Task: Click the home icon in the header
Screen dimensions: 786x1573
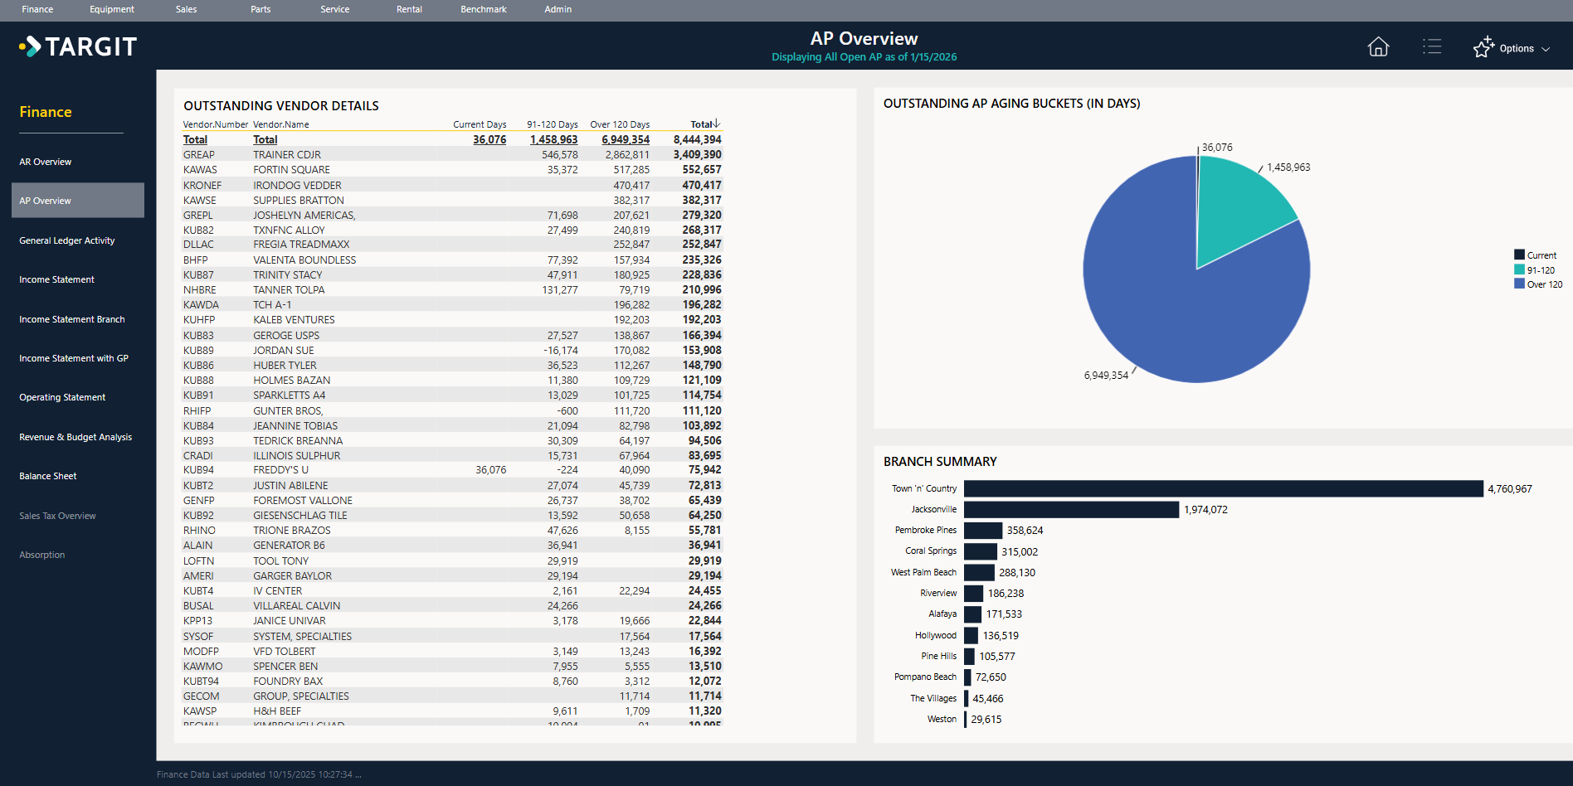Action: tap(1378, 47)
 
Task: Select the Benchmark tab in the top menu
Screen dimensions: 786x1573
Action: tap(483, 9)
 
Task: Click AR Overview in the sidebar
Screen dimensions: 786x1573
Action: tap(46, 162)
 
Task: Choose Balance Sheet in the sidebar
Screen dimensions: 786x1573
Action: tap(48, 476)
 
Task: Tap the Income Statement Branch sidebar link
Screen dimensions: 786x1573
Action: tap(72, 319)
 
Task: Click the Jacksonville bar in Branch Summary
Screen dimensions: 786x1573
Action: tap(1070, 509)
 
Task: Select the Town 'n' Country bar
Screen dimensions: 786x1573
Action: tap(1223, 488)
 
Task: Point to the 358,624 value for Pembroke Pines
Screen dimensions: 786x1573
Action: tap(1025, 531)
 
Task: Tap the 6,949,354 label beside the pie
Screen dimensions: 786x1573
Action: tap(1106, 376)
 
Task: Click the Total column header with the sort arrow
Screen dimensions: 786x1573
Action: tap(704, 124)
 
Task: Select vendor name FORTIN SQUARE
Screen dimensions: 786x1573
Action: tap(291, 170)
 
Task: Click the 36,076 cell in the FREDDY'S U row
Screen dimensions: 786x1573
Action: tap(490, 470)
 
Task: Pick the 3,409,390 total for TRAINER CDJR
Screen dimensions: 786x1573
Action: tap(697, 155)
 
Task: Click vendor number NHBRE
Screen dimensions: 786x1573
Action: tap(200, 290)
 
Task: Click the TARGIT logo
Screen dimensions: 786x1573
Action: tap(79, 46)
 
